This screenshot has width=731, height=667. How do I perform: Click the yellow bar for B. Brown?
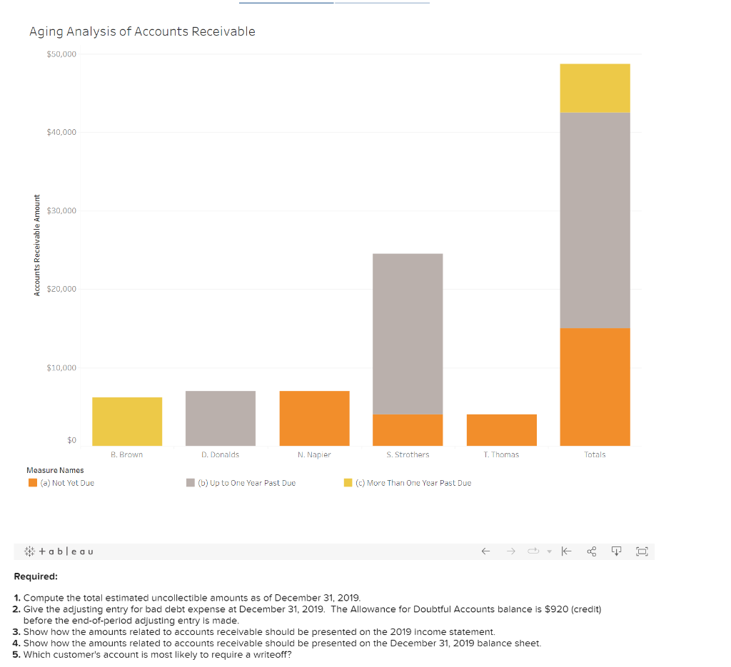pos(127,422)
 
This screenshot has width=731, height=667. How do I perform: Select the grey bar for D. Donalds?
pos(221,418)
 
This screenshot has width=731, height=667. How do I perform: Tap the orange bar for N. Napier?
pos(314,418)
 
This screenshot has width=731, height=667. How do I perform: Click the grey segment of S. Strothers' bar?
pos(408,334)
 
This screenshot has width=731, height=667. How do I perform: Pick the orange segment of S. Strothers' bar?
pos(408,430)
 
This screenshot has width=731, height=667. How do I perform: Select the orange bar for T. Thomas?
pos(501,430)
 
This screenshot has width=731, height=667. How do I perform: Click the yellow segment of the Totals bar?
pos(595,88)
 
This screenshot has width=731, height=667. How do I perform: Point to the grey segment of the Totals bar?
pos(595,220)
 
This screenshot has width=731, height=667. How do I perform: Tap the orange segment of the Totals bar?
pos(595,387)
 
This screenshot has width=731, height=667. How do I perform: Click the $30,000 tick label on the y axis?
pos(61,210)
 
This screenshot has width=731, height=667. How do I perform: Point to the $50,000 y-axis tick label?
pos(61,54)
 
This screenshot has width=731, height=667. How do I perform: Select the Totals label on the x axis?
pos(595,454)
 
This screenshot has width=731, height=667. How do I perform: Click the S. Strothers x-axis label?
pos(408,454)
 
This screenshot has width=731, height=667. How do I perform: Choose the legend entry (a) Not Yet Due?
pos(61,483)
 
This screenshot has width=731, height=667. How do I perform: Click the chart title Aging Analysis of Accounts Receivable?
pos(142,31)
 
